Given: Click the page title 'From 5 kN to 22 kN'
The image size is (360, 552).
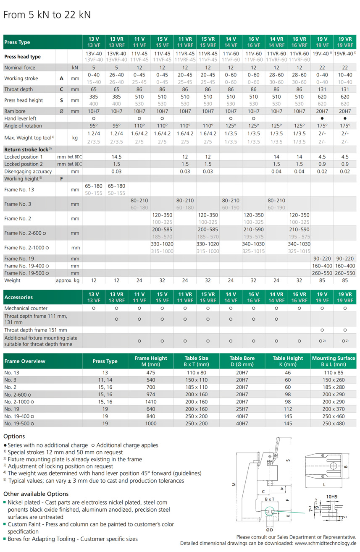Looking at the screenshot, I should (x=47, y=15).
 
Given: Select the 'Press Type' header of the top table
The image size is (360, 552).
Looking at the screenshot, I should (x=17, y=42).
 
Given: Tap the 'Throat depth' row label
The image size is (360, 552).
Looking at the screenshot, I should (x=18, y=89).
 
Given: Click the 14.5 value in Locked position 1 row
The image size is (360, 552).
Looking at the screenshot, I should (x=116, y=157).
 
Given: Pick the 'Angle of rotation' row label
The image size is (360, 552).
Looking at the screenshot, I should (x=23, y=126).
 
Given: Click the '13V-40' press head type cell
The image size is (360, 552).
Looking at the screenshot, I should (x=94, y=54).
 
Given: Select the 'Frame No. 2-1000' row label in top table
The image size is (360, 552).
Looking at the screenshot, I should (x=25, y=248).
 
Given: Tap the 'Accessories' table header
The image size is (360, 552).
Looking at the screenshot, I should (x=18, y=297).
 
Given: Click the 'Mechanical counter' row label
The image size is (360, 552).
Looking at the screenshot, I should (x=26, y=308).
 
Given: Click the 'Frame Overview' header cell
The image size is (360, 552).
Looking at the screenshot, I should (x=25, y=361).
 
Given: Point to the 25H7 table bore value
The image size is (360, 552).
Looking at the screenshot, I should (x=242, y=409).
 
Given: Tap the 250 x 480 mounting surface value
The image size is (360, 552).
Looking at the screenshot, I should (x=334, y=424).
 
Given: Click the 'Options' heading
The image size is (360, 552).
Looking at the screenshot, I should (x=14, y=436).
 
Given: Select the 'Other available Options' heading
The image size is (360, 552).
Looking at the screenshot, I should (x=36, y=494).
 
